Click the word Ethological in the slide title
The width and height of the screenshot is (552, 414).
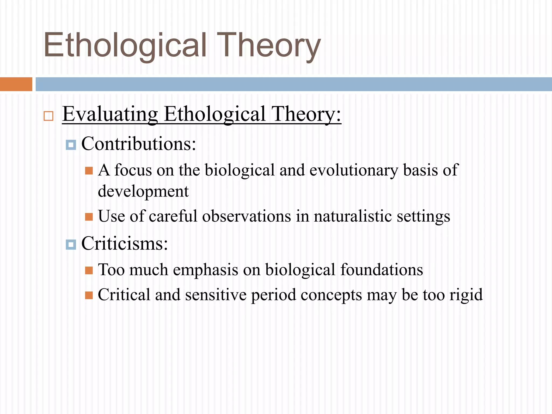(x=125, y=45)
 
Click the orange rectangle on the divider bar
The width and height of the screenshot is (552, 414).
(x=16, y=84)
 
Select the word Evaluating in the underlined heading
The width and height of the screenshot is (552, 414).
(x=110, y=114)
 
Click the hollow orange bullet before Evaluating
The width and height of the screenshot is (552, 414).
(x=49, y=116)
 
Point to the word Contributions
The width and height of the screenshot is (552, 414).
(x=139, y=144)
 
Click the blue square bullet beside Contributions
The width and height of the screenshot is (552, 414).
(x=71, y=145)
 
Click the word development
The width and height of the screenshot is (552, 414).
(x=143, y=191)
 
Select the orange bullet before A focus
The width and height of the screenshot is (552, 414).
(x=89, y=171)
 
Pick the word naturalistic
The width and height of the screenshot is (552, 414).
(x=353, y=216)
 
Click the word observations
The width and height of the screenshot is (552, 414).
(x=246, y=216)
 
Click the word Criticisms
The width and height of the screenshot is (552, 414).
(x=125, y=243)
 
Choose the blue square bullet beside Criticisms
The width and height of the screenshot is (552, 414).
(x=71, y=245)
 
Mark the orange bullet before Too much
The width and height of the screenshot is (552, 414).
(x=89, y=270)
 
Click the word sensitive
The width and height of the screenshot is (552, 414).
(x=216, y=295)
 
